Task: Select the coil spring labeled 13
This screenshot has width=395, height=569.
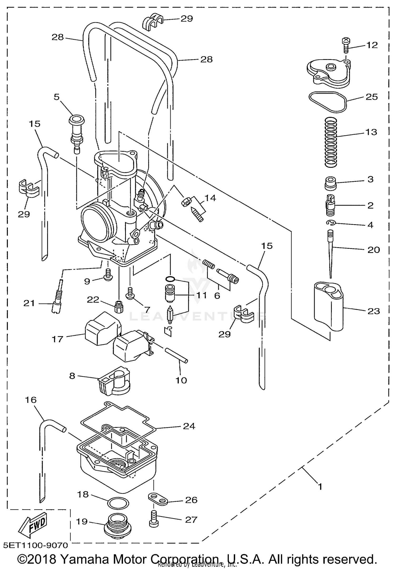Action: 331,142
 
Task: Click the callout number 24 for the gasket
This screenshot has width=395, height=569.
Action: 189,426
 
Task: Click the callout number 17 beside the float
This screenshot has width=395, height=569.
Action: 57,339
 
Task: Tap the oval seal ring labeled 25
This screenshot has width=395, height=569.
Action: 328,102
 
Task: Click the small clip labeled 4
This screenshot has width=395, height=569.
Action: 329,223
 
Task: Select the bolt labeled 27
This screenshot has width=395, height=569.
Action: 154,519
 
